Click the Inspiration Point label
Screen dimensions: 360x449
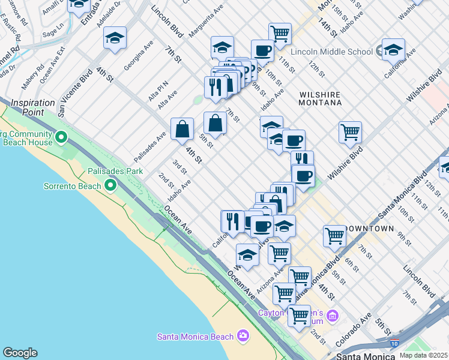pos(33,107)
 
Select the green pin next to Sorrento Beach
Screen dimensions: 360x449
pos(110,185)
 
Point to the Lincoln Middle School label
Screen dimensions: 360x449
pos(331,52)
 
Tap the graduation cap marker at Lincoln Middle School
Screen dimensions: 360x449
pos(393,50)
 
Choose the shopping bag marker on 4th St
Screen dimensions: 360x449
pos(182,129)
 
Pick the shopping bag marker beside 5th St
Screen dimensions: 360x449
pos(215,124)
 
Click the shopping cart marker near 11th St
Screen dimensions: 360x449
pos(280,35)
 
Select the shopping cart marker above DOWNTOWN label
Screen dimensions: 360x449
pos(334,236)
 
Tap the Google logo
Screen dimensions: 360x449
pos(20,353)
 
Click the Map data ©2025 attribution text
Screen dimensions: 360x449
pos(423,355)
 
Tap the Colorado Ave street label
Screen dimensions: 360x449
pos(353,329)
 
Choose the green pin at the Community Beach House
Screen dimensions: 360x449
pos(61,139)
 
